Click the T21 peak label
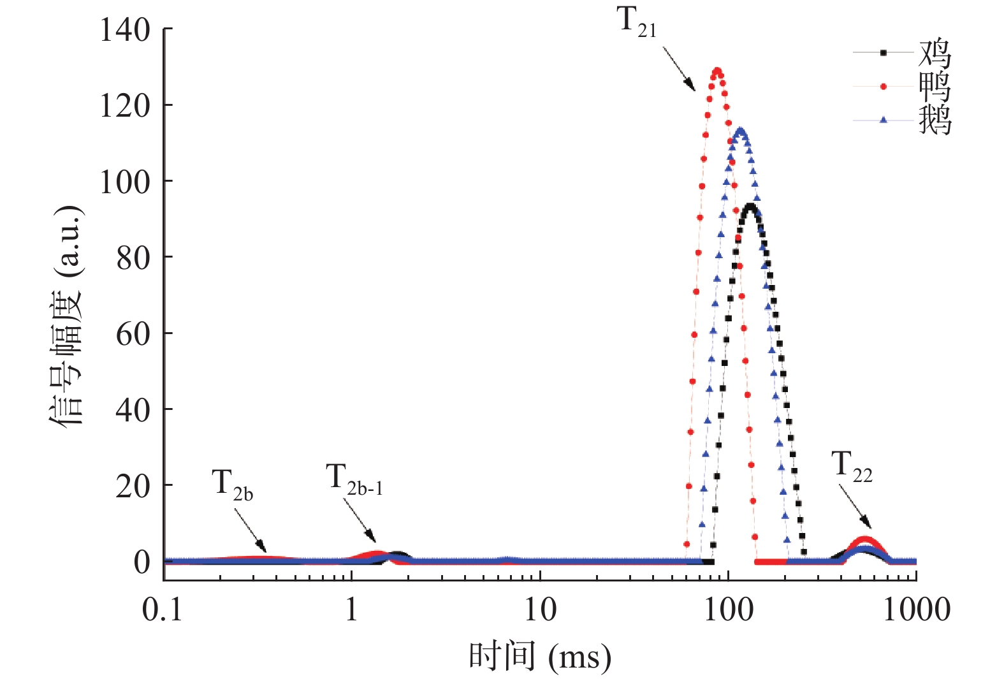(636, 23)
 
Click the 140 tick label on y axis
(125, 30)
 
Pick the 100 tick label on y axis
(125, 182)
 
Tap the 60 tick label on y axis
(133, 333)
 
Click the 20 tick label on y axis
(133, 486)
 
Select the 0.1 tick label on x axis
(162, 610)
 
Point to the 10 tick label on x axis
(540, 610)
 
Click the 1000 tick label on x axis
(916, 610)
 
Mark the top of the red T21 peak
(718, 71)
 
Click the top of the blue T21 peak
(740, 131)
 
